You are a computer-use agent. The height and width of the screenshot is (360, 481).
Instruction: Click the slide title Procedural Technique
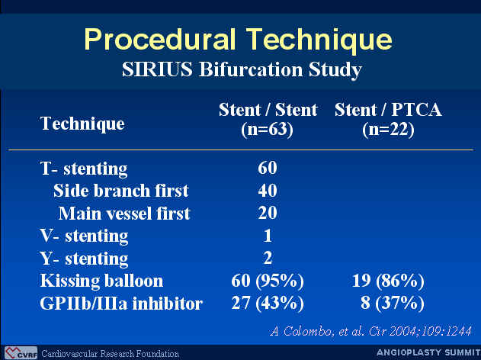pyautogui.click(x=238, y=40)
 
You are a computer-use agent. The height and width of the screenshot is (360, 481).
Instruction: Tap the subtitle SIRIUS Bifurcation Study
pyautogui.click(x=242, y=69)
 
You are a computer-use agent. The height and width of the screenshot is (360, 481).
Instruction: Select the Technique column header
pyautogui.click(x=82, y=124)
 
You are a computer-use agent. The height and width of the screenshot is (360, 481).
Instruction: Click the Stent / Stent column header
pyautogui.click(x=268, y=120)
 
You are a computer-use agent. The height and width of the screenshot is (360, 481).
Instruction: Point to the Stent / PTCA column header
pyautogui.click(x=388, y=120)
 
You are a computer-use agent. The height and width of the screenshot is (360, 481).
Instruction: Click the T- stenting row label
pyautogui.click(x=84, y=169)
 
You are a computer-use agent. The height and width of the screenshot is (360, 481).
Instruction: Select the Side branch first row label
pyautogui.click(x=121, y=191)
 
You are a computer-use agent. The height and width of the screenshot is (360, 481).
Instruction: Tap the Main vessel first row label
pyautogui.click(x=124, y=214)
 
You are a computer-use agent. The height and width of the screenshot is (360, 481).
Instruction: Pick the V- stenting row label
pyautogui.click(x=84, y=236)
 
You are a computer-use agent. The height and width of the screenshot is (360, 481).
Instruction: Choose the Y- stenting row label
pyautogui.click(x=84, y=259)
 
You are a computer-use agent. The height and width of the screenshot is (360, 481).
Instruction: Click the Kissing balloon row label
pyautogui.click(x=101, y=281)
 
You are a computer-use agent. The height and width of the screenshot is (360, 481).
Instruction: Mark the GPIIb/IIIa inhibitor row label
pyautogui.click(x=121, y=304)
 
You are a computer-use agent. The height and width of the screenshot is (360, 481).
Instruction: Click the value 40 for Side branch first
pyautogui.click(x=268, y=190)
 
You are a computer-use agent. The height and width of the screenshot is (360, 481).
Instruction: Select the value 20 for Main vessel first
pyautogui.click(x=268, y=213)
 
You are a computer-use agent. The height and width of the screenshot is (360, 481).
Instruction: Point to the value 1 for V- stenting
pyautogui.click(x=268, y=236)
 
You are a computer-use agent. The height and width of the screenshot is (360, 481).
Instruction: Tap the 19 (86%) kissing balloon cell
pyautogui.click(x=388, y=281)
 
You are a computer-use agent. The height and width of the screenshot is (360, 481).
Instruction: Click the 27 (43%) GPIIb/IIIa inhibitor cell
pyautogui.click(x=268, y=304)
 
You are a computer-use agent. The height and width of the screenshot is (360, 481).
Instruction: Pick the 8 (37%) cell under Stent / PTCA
pyautogui.click(x=393, y=304)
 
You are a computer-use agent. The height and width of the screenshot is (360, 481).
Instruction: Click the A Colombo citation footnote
pyautogui.click(x=371, y=332)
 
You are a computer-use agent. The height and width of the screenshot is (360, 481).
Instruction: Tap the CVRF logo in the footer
pyautogui.click(x=21, y=353)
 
